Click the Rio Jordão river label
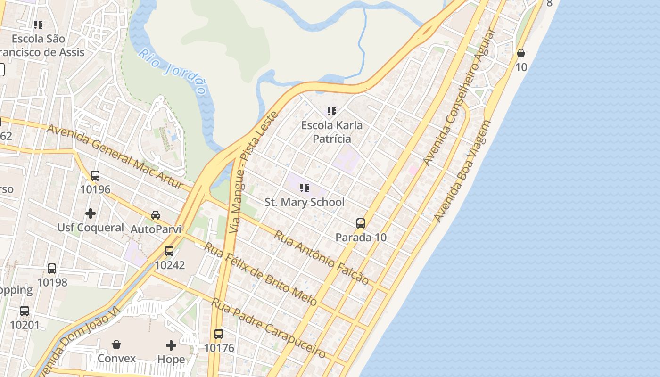pyautogui.click(x=173, y=71)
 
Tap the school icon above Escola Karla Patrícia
pyautogui.click(x=332, y=111)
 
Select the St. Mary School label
pyautogui.click(x=305, y=202)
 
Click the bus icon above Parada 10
pyautogui.click(x=361, y=223)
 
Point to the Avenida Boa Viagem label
pyautogui.click(x=462, y=171)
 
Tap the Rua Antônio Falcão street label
pyautogui.click(x=322, y=257)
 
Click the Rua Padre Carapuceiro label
pyautogui.click(x=268, y=328)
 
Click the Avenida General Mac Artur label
pyautogui.click(x=115, y=156)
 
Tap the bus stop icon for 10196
pyautogui.click(x=95, y=176)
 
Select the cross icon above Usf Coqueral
pyautogui.click(x=91, y=213)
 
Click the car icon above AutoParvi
pyautogui.click(x=156, y=215)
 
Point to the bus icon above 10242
pyautogui.click(x=169, y=251)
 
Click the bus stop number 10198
pyautogui.click(x=52, y=282)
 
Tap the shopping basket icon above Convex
pyautogui.click(x=116, y=344)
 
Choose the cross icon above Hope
pyautogui.click(x=171, y=345)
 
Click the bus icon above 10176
pyautogui.click(x=219, y=334)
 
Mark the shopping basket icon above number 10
pyautogui.click(x=521, y=53)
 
